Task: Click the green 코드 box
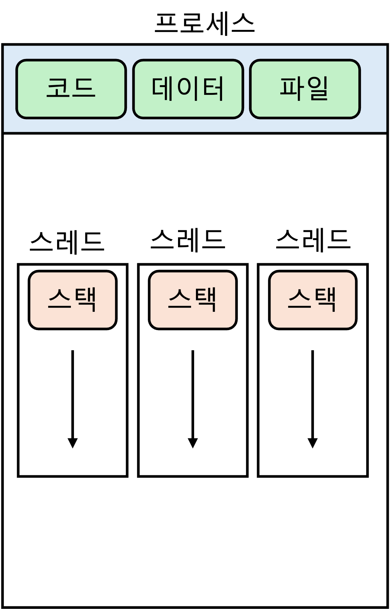(71, 89)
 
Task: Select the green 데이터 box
(188, 89)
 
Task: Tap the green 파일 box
(305, 89)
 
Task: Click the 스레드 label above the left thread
(67, 242)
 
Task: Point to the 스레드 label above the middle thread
(188, 240)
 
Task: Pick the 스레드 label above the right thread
(313, 240)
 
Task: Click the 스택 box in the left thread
(72, 300)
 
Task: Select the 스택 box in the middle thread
(193, 300)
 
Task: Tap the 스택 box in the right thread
(313, 300)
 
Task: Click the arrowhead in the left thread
(72, 443)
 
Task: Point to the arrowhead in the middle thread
(193, 443)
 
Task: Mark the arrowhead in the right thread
(313, 443)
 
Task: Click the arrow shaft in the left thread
(72, 392)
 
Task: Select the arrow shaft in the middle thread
(193, 392)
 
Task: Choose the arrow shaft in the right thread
(313, 392)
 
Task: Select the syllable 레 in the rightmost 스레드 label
(313, 240)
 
